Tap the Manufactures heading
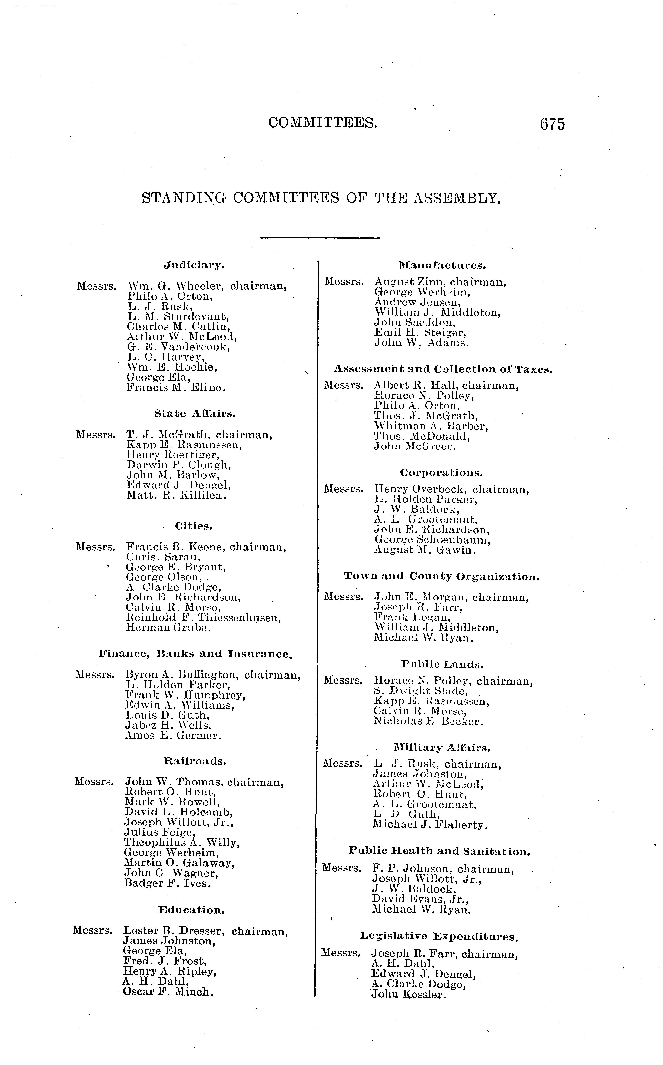(x=442, y=265)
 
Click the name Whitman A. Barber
(x=431, y=426)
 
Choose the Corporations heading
(x=441, y=473)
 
